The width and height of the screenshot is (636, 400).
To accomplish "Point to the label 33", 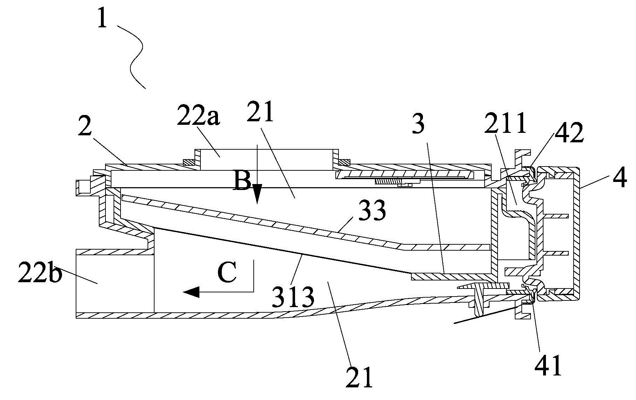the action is (x=372, y=210).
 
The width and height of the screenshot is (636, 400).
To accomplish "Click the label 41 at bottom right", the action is (x=548, y=365).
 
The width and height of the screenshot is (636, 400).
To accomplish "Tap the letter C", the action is (x=227, y=272).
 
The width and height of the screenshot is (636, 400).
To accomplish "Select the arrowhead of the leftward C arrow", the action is (x=191, y=292).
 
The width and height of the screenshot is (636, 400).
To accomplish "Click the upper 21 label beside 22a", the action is (x=260, y=111).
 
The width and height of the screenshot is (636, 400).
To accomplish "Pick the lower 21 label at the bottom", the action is (x=359, y=377).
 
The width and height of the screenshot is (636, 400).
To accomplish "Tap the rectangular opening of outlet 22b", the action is (x=115, y=284).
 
